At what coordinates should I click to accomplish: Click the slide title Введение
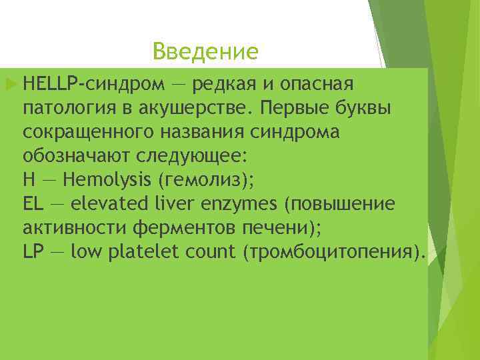coord(204,51)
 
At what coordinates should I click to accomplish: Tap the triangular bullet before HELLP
coord(9,84)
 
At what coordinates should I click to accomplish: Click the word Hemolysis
coord(102,181)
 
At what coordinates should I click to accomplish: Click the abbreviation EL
coord(32,204)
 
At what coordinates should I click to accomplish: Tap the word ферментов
coord(182,228)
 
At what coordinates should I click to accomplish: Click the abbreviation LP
coord(32,252)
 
